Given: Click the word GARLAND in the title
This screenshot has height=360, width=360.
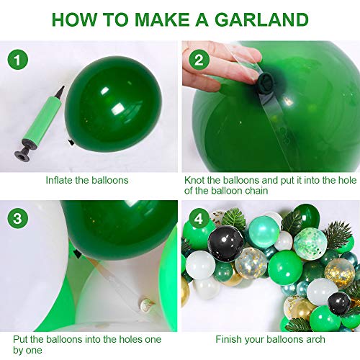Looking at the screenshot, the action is click(x=261, y=19).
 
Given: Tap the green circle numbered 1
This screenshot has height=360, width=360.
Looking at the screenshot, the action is click(x=18, y=60).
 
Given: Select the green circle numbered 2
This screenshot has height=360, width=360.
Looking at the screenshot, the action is click(x=199, y=60).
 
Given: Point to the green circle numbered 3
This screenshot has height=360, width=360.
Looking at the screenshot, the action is click(x=18, y=219).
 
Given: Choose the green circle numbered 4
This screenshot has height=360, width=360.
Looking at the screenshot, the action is click(x=199, y=219).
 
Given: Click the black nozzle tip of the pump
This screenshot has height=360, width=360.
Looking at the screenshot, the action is click(x=60, y=91).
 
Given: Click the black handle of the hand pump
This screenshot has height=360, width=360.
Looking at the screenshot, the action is click(x=24, y=152).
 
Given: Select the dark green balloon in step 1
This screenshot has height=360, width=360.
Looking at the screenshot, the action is click(x=113, y=104).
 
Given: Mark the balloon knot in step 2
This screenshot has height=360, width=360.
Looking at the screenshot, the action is click(x=266, y=81).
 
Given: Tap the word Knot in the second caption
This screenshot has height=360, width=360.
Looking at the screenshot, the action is click(x=194, y=180).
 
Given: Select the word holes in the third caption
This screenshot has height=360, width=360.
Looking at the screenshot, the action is click(x=130, y=339).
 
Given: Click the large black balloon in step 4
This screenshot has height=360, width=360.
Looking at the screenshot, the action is click(x=225, y=243).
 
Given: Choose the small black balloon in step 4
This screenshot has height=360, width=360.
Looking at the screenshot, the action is click(x=339, y=303).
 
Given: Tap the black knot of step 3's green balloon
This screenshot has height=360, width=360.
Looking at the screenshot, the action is click(x=77, y=253).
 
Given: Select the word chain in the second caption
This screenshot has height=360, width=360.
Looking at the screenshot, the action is click(x=256, y=191).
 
